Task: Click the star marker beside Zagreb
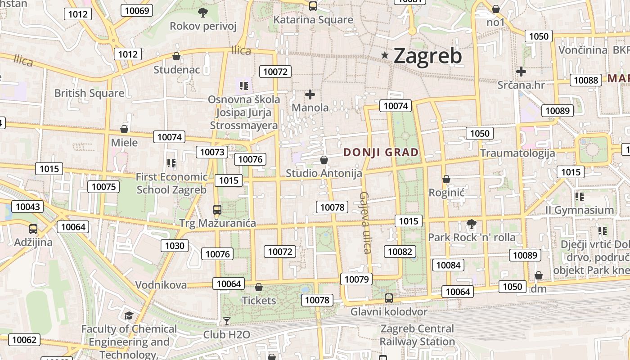pos(385,55)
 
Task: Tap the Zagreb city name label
pos(427,56)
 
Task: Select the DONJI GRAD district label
pos(381,152)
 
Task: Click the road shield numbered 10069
pos(137,10)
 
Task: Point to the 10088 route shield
pos(586,80)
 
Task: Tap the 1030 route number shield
pos(175,245)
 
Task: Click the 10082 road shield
pos(400,252)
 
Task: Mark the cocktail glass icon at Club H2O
pos(227,321)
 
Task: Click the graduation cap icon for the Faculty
pos(129,315)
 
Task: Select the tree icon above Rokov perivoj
pos(203,12)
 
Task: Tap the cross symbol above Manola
pos(310,94)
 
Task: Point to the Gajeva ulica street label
pos(365,222)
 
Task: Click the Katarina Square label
pos(313,20)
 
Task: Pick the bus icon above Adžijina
pos(33,229)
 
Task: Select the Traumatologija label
pos(517,153)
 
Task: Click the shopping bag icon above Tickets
pos(259,287)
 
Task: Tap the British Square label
pos(89,93)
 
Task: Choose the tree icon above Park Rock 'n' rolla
pos(472,224)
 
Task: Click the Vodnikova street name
pos(161,285)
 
